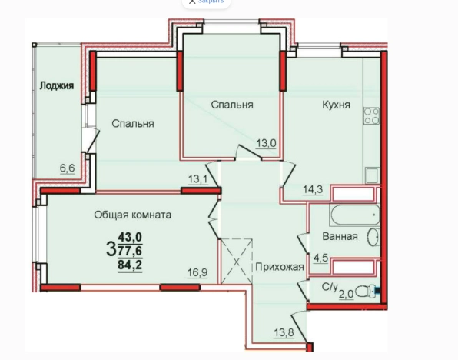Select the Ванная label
(x=339, y=236)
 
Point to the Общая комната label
(x=132, y=215)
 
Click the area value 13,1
(x=198, y=180)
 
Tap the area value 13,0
(x=266, y=142)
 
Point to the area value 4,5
(x=317, y=258)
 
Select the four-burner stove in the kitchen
(x=372, y=115)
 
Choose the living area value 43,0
(x=130, y=238)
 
